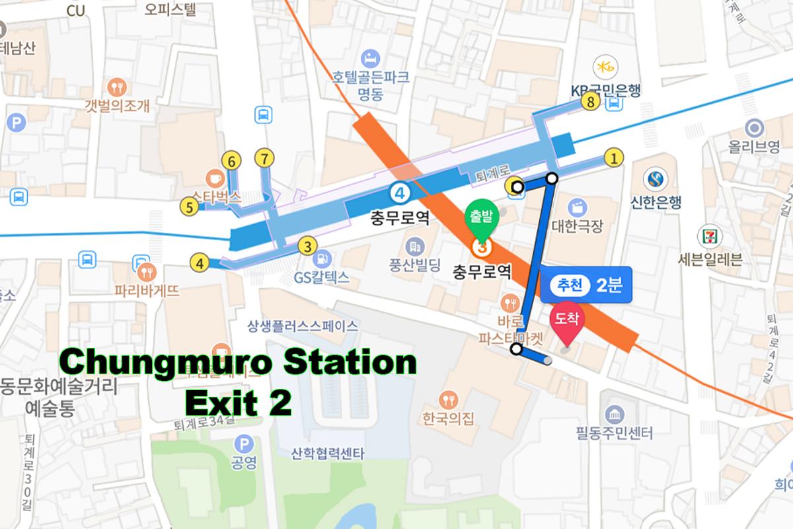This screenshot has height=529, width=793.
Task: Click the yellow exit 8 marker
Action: [x=591, y=102]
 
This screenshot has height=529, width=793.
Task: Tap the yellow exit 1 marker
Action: [x=615, y=158]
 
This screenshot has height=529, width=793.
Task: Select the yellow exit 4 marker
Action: [x=199, y=263]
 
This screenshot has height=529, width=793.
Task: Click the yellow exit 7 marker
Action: [x=264, y=159]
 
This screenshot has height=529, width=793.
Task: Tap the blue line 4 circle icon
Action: [x=399, y=193]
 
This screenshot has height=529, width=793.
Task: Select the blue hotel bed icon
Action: [x=370, y=56]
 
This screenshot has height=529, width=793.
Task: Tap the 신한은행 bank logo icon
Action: [x=656, y=179]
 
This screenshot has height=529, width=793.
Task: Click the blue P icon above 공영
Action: [x=245, y=444]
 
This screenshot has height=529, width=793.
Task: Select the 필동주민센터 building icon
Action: [x=615, y=414]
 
